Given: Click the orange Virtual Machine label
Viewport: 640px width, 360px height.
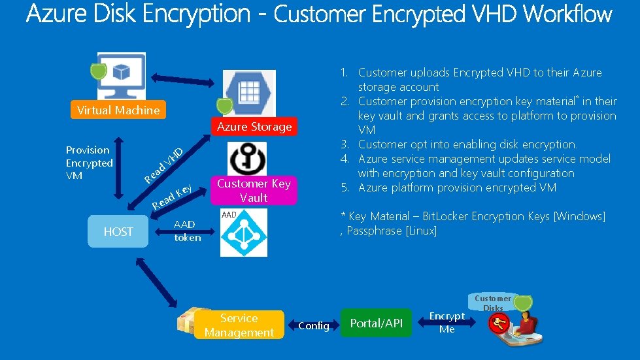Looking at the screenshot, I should tap(118, 110).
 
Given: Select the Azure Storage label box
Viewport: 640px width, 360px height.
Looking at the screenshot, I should tap(254, 127).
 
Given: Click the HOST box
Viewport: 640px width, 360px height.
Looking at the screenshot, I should tap(118, 231).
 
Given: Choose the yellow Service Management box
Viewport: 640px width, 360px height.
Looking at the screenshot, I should tap(239, 325).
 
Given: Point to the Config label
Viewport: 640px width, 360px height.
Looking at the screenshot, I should tap(314, 325).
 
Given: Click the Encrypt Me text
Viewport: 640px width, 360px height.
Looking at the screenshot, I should tap(447, 323).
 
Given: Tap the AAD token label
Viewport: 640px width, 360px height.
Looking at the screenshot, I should tap(187, 231).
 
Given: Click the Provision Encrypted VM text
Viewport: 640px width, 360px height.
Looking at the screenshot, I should tap(89, 163).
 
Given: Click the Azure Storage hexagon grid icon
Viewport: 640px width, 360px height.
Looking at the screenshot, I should tap(249, 91).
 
